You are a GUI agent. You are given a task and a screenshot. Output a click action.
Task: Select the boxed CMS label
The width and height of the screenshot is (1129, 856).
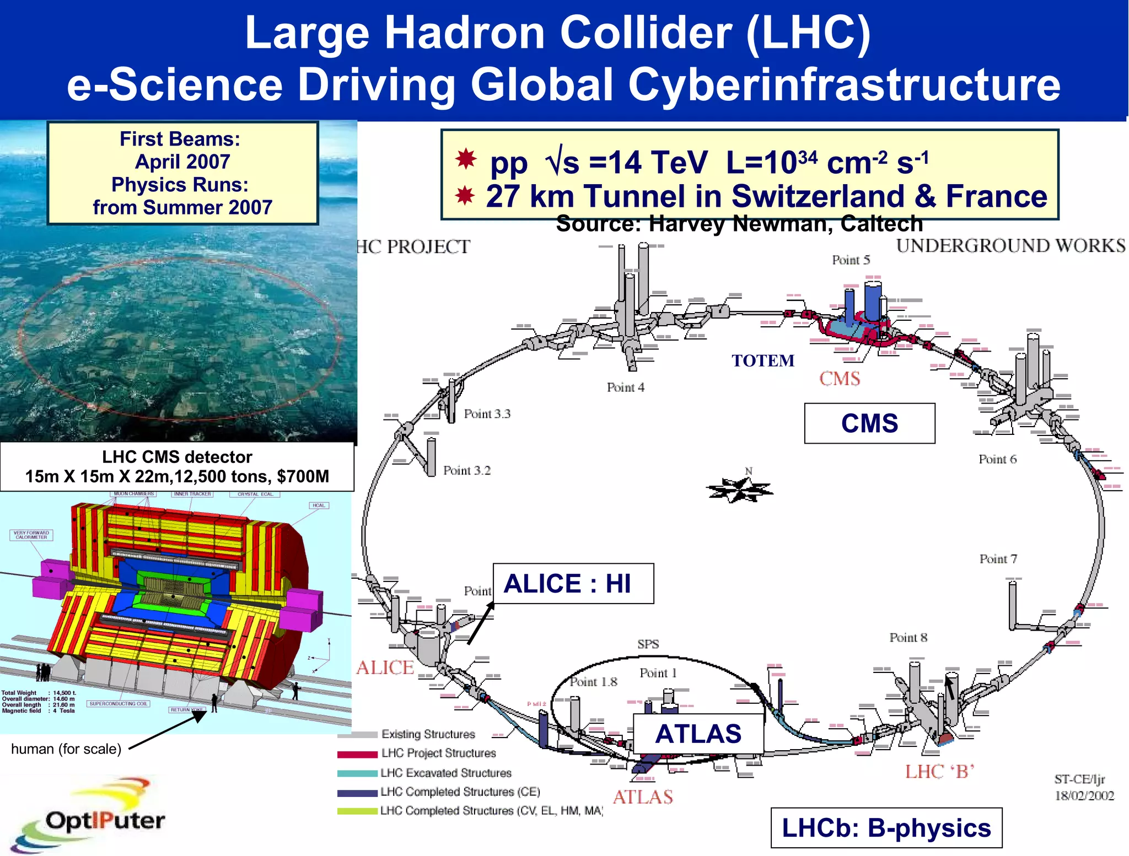tap(869, 423)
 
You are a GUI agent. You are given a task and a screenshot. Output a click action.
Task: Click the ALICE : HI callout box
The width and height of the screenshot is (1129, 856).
tap(573, 584)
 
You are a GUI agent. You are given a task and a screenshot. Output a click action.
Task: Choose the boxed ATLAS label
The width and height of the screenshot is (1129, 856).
tap(698, 734)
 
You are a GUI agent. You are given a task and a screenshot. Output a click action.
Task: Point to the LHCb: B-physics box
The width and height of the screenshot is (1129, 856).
tap(886, 828)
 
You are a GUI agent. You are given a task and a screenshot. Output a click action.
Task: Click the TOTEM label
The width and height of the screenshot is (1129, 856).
tap(763, 360)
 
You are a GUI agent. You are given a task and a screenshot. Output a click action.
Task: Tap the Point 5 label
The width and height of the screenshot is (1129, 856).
tap(851, 260)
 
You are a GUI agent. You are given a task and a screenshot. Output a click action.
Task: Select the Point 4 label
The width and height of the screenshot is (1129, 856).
tap(625, 387)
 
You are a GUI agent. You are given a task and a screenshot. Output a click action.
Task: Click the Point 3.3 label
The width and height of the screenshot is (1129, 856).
tap(487, 414)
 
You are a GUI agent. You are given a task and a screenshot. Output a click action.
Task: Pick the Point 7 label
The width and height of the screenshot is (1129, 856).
tap(998, 559)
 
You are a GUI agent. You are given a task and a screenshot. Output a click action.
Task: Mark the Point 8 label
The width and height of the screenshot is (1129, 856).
tap(908, 638)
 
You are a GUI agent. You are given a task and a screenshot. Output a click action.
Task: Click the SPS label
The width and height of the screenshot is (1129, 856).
tap(648, 644)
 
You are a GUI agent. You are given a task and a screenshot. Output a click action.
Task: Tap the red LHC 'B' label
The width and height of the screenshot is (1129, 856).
tap(939, 772)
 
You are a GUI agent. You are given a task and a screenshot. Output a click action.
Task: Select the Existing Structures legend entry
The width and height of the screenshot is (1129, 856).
tap(428, 734)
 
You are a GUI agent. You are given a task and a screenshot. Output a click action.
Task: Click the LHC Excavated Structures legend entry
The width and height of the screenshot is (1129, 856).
tap(445, 773)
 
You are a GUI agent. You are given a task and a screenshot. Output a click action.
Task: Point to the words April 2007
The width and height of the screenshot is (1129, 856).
tap(182, 162)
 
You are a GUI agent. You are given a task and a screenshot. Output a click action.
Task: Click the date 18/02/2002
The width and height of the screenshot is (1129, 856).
tap(1084, 796)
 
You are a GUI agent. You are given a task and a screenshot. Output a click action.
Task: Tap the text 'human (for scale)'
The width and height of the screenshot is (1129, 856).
tap(66, 749)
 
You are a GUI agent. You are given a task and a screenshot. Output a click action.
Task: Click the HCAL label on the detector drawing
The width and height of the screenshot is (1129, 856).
tap(319, 505)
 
